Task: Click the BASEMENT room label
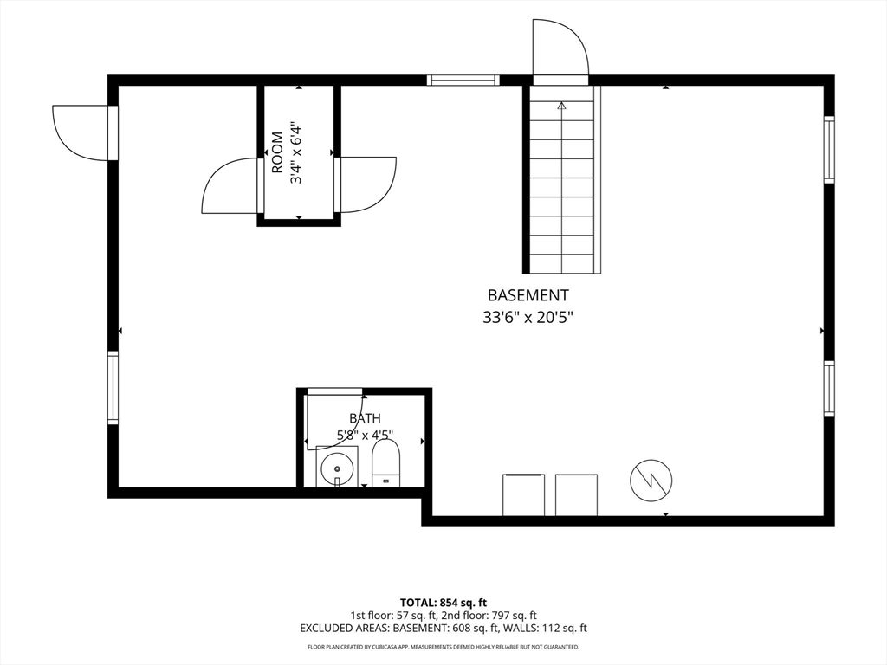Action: pos(528,295)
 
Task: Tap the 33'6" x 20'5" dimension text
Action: pos(528,318)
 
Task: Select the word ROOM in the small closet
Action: pos(277,152)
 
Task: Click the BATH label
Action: pos(365,418)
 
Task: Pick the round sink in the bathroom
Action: pos(337,468)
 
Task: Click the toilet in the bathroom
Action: pos(386,462)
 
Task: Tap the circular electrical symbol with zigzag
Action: pos(651,481)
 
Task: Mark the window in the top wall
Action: pos(463,80)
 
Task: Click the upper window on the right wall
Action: pos(829,150)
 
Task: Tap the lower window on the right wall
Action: pos(829,389)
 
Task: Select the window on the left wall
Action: pos(113,387)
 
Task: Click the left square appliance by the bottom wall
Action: pos(524,494)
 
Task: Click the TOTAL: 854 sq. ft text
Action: pos(443,603)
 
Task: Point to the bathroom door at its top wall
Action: pos(334,391)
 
